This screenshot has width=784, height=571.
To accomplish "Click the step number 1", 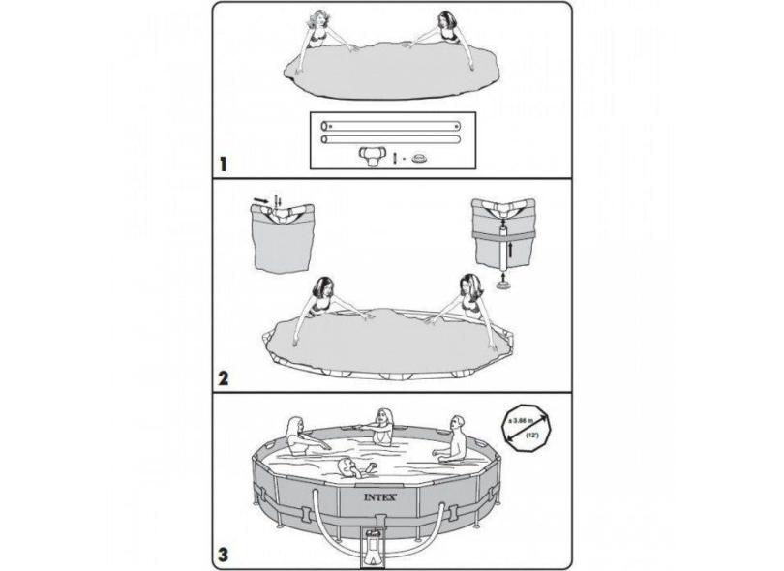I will (224, 165).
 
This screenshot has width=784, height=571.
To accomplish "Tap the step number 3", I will (224, 555).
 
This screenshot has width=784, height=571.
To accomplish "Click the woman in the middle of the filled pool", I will (383, 426).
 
